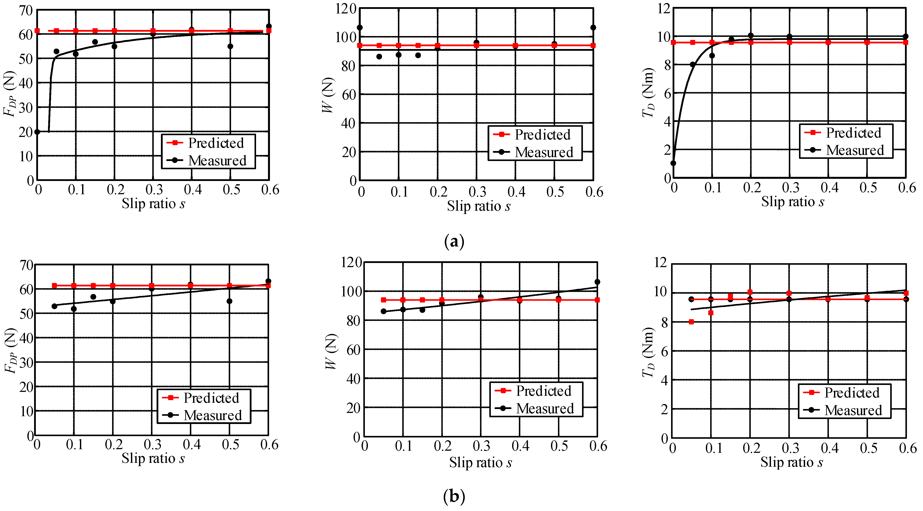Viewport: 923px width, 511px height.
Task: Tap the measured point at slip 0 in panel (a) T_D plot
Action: pyautogui.click(x=673, y=163)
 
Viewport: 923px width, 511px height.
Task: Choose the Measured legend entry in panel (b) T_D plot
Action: pyautogui.click(x=845, y=410)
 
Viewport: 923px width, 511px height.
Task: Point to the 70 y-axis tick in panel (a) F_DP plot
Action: pyautogui.click(x=26, y=11)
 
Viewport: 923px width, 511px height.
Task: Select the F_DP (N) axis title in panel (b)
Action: pyautogui.click(x=10, y=351)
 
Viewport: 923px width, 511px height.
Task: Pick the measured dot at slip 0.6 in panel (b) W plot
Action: pyautogui.click(x=597, y=282)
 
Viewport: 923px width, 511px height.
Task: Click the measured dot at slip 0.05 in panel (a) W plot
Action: pyautogui.click(x=379, y=57)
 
